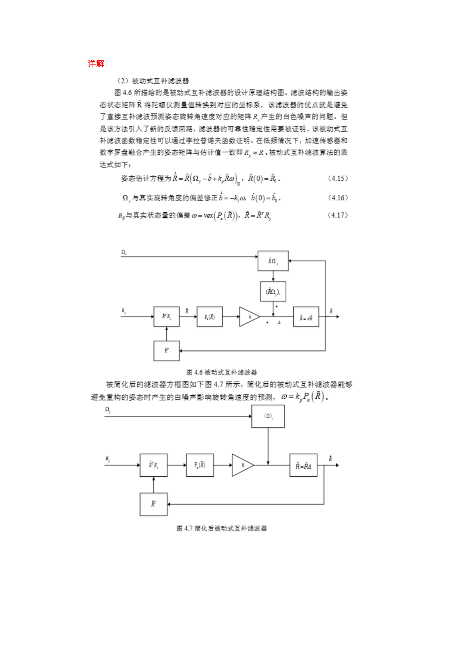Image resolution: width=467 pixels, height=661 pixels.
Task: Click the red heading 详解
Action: (96, 64)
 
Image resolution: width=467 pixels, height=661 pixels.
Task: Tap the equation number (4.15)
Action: (338, 178)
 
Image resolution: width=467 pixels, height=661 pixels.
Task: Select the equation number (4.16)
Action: (338, 198)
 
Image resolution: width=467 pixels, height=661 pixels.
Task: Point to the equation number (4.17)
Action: (338, 215)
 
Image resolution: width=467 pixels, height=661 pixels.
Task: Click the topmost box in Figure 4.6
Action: (273, 261)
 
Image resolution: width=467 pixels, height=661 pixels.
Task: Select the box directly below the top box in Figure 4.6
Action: (273, 291)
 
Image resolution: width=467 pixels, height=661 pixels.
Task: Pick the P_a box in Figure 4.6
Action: (210, 317)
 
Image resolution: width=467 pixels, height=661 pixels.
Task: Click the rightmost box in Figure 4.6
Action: (306, 317)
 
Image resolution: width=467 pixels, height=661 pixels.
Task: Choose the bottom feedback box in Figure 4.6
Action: (166, 351)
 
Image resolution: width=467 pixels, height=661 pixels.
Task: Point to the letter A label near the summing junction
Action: (279, 323)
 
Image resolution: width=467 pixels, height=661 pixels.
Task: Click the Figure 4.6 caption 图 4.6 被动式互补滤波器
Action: (222, 372)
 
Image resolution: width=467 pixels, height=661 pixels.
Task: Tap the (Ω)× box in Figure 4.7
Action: (268, 416)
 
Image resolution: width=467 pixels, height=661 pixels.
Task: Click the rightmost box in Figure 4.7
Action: (303, 465)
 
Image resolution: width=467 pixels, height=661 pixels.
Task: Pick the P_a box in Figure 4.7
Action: (200, 465)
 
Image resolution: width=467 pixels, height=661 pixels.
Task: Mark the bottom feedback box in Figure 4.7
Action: (153, 504)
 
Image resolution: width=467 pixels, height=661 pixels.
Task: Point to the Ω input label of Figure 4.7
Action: (108, 410)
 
